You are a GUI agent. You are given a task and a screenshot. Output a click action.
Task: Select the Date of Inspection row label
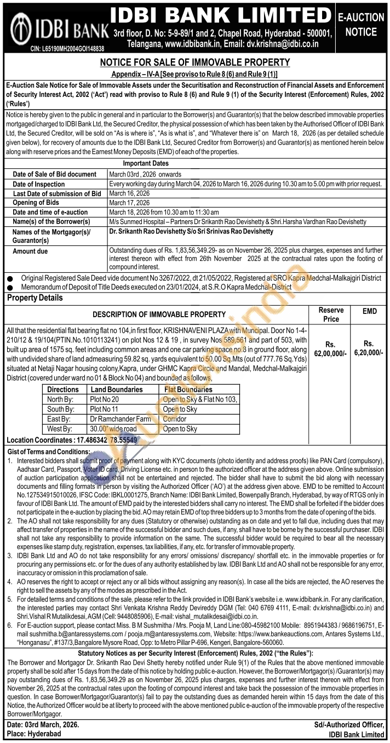click(38, 184)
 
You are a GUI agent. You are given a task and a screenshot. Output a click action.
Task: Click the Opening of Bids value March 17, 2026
click(129, 203)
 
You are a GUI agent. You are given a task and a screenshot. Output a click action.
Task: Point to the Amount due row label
click(30, 251)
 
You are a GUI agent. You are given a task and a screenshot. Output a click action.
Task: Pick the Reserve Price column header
click(331, 315)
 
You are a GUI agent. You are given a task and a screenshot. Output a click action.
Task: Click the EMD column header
click(370, 311)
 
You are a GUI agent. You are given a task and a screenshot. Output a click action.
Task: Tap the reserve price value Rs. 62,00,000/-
click(330, 349)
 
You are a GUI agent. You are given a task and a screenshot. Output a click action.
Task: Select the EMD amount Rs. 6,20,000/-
click(369, 349)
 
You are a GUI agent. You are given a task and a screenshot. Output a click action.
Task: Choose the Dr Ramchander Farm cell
click(120, 419)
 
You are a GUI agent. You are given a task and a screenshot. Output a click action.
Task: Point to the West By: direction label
click(61, 429)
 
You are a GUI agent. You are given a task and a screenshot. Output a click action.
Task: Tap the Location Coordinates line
click(72, 440)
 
